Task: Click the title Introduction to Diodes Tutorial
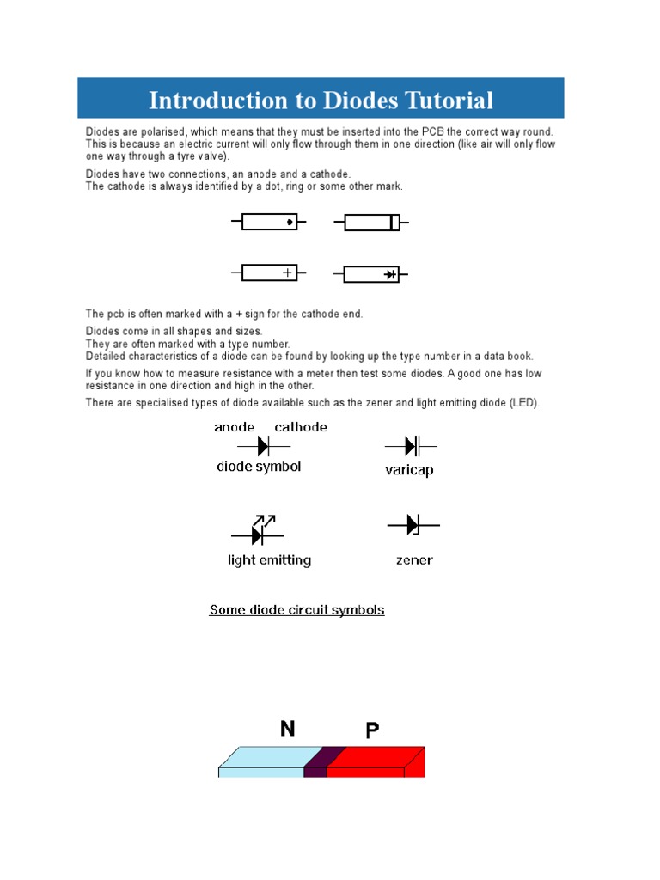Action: tap(321, 101)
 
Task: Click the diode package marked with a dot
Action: tap(269, 222)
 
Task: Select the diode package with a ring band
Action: tap(372, 223)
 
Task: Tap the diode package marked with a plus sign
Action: tap(269, 272)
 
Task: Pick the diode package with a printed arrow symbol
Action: tap(372, 274)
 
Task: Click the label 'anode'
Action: tap(234, 427)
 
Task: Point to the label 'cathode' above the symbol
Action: tap(301, 427)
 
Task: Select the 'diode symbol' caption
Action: tap(259, 467)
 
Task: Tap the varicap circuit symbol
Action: tap(411, 447)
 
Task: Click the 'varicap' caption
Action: tap(409, 471)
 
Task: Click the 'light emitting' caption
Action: tap(269, 560)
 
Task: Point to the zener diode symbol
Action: tap(412, 524)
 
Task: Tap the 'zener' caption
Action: tap(414, 560)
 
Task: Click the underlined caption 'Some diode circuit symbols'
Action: tap(296, 610)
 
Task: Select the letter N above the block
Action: tap(288, 730)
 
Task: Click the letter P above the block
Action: tap(372, 731)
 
